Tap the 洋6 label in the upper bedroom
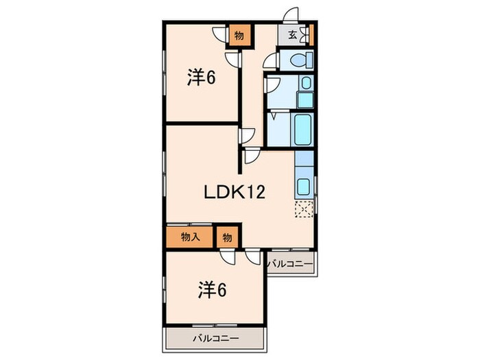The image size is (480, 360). [202, 78]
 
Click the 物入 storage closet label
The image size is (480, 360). [191, 237]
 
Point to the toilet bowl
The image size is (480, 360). [299, 60]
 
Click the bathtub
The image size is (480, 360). [302, 128]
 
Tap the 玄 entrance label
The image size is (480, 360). [292, 34]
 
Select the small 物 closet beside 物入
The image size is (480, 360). [227, 237]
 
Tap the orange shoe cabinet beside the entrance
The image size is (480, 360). [311, 34]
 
